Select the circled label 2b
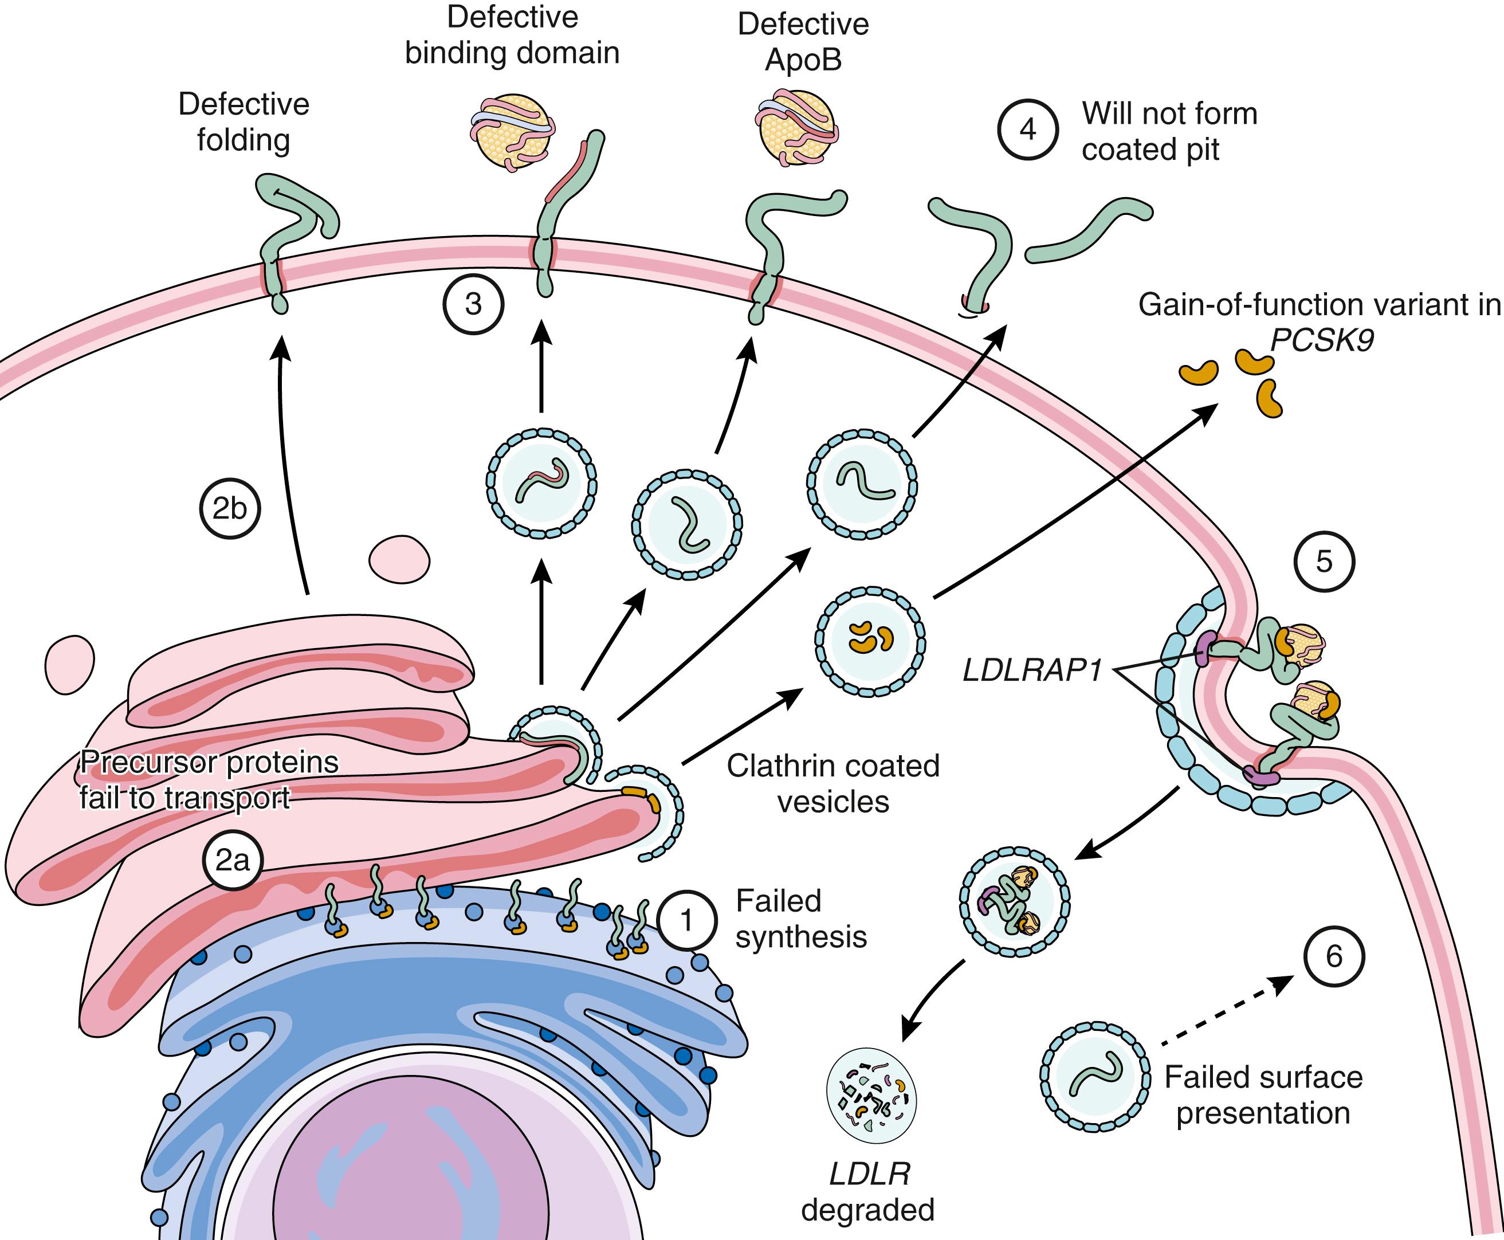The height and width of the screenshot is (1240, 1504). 229,509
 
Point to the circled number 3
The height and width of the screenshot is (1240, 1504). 473,304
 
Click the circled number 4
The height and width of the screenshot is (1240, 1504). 1028,130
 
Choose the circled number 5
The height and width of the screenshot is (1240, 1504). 1324,562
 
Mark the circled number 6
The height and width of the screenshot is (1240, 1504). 1333,956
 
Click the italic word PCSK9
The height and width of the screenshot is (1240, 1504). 1322,341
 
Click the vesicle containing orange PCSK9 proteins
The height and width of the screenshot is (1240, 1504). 870,641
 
